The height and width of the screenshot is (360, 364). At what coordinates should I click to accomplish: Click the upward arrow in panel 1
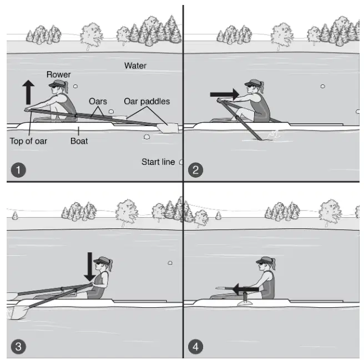click(x=28, y=92)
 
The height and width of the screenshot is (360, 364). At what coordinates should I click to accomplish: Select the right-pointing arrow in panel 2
click(x=225, y=94)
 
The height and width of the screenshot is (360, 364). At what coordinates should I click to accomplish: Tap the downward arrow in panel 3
click(x=90, y=267)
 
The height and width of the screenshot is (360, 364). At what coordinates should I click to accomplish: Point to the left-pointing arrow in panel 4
click(x=246, y=289)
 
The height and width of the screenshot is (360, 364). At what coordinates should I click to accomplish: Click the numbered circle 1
click(x=18, y=170)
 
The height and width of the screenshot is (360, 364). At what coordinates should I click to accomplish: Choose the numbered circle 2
click(x=195, y=170)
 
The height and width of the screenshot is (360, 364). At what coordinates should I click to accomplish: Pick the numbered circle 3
click(x=18, y=347)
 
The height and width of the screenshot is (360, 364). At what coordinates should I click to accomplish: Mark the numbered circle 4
click(x=195, y=347)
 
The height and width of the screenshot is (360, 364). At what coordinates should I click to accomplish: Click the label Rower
click(x=58, y=74)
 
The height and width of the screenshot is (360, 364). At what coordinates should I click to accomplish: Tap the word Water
click(x=135, y=66)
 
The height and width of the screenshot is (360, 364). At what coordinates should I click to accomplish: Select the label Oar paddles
click(x=147, y=101)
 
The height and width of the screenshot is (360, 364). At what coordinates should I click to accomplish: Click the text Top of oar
click(x=28, y=141)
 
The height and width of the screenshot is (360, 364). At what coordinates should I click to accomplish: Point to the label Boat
click(x=79, y=141)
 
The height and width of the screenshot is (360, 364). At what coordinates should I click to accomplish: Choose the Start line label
click(x=158, y=162)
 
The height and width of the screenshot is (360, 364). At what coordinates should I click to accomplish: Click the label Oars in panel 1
click(x=98, y=101)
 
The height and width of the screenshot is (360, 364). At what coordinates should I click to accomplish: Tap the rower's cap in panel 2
click(x=252, y=83)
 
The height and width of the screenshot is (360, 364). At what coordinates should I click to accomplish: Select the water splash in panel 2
click(x=274, y=136)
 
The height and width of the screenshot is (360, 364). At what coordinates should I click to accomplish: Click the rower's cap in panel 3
click(x=102, y=261)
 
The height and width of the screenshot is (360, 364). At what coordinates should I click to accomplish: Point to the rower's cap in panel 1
click(x=57, y=84)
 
